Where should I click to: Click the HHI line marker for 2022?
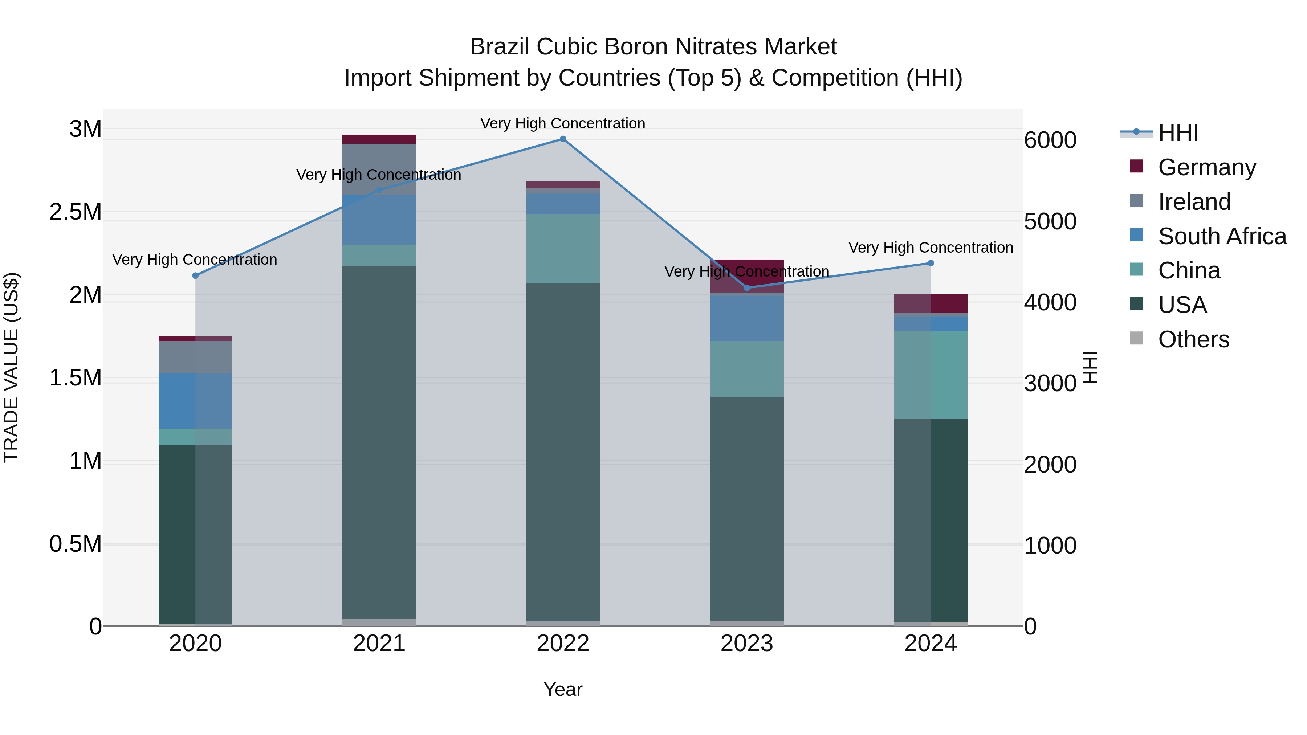click(x=563, y=139)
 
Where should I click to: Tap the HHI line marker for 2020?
click(x=195, y=275)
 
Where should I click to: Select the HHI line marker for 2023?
click(x=747, y=287)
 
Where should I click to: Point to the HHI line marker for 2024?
click(x=931, y=263)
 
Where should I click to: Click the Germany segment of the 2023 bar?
click(x=747, y=275)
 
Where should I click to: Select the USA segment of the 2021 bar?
click(x=379, y=441)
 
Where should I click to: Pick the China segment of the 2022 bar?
click(x=563, y=249)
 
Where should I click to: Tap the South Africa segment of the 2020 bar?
click(x=195, y=401)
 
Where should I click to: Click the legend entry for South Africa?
click(x=1222, y=236)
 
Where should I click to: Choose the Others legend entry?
click(x=1193, y=339)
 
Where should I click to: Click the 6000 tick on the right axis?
click(x=1050, y=140)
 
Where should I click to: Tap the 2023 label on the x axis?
click(x=747, y=644)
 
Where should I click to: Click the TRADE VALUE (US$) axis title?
click(x=11, y=367)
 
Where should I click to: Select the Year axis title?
click(x=563, y=689)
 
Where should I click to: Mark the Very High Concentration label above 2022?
click(x=563, y=123)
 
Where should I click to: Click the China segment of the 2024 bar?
click(x=931, y=375)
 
